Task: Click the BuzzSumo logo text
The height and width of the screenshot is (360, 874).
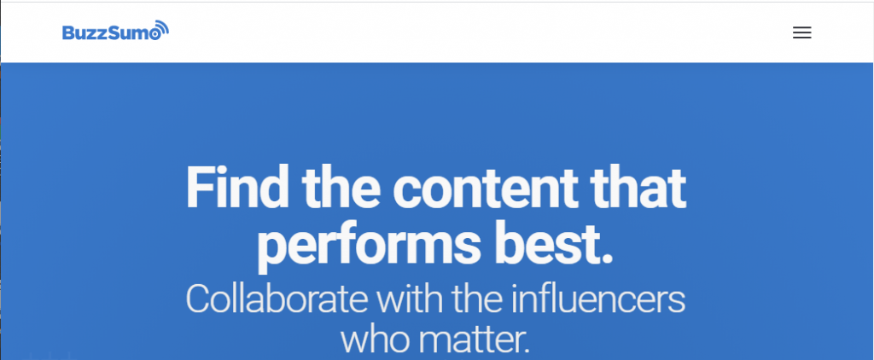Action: (x=111, y=33)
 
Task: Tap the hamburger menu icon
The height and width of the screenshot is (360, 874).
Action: (x=801, y=32)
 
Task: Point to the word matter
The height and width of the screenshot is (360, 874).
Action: (x=473, y=340)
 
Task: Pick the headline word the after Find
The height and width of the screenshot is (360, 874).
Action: (x=342, y=187)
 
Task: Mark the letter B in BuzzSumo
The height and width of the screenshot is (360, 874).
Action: (x=68, y=33)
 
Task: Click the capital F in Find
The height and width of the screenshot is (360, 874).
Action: (x=198, y=187)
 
